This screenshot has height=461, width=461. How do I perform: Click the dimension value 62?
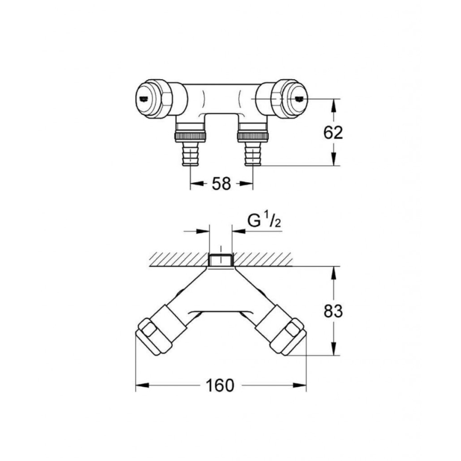click(333, 133)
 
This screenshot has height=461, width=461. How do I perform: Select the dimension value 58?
click(221, 184)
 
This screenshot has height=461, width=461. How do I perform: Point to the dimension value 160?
click(221, 385)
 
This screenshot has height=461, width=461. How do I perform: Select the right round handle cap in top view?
click(295, 98)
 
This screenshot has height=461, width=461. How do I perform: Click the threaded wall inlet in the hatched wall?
click(220, 260)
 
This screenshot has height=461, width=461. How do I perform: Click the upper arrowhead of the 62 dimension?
click(334, 105)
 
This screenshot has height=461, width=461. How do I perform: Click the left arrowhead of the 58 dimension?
click(196, 184)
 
